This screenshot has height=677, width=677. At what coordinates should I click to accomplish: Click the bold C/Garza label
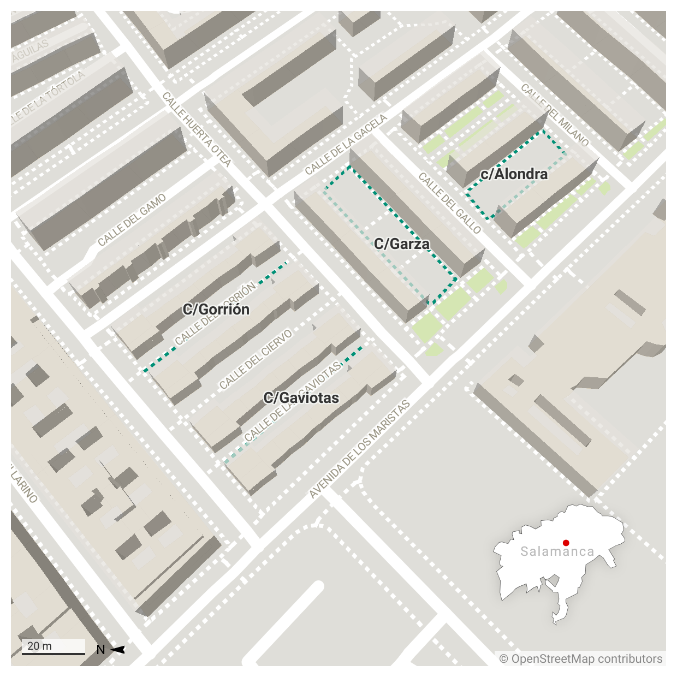[x=401, y=244]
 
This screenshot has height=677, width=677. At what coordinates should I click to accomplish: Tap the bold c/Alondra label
[x=514, y=174]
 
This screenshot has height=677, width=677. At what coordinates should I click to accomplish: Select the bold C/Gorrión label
[x=216, y=310]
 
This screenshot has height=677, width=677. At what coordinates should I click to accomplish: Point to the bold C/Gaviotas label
[x=301, y=398]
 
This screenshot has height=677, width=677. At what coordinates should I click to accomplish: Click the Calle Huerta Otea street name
[x=197, y=129]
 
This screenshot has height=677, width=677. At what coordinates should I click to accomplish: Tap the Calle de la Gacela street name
[x=346, y=145]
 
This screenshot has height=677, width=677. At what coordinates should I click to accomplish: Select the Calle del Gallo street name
[x=450, y=203]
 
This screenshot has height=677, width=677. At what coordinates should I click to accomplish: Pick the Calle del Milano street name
[x=555, y=115]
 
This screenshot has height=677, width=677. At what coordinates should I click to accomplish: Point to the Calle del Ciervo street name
[x=256, y=360]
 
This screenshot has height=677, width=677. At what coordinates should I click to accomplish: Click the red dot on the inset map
[x=566, y=543]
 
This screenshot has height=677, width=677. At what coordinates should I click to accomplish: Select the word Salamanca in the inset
[x=557, y=551]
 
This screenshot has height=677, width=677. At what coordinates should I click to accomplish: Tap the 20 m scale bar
[x=54, y=648]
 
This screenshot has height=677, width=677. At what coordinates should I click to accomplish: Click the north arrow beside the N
[x=118, y=650]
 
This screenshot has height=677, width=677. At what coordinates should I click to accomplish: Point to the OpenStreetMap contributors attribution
[x=581, y=659]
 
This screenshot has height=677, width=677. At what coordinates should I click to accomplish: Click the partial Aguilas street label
[x=29, y=51]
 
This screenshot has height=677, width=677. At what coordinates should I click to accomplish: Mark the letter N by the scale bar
[x=100, y=650]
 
